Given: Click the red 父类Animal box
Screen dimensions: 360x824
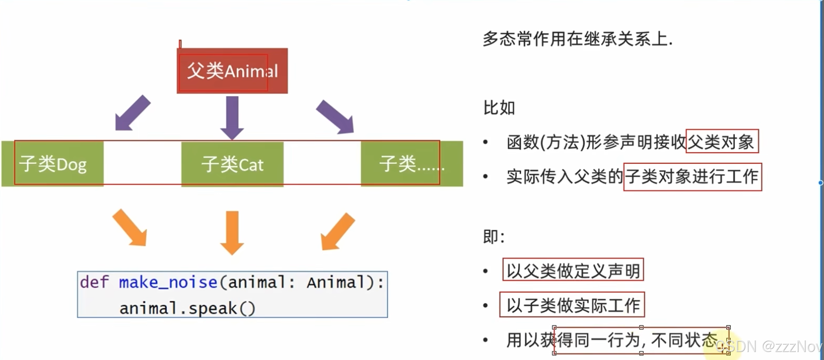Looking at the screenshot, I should point(232,71).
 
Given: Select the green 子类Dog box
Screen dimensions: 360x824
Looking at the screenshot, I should point(53,164).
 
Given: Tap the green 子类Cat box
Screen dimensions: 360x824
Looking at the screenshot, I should point(232,164).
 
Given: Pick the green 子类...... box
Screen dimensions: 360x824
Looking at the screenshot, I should point(412,164).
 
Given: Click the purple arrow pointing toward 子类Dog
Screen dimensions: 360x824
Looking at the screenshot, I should point(132,114).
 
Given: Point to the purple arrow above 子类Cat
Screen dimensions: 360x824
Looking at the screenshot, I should point(232,117).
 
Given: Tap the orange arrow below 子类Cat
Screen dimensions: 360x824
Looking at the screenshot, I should point(232,232).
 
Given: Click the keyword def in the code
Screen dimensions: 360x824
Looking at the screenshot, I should point(94,282).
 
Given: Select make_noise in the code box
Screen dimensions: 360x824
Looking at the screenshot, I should point(168,282).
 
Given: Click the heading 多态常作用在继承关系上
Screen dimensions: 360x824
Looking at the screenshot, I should point(577,39).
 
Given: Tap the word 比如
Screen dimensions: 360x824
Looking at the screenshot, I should point(499,108).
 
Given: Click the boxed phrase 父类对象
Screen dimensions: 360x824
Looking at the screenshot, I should point(722,141).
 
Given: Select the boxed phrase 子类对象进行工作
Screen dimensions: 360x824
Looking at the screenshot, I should point(692,177).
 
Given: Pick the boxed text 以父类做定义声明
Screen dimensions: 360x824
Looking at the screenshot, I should point(573,270).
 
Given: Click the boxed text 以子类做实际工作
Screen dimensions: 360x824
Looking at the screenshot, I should point(572,305).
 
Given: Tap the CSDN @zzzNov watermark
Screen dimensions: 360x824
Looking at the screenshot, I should point(768,346).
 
